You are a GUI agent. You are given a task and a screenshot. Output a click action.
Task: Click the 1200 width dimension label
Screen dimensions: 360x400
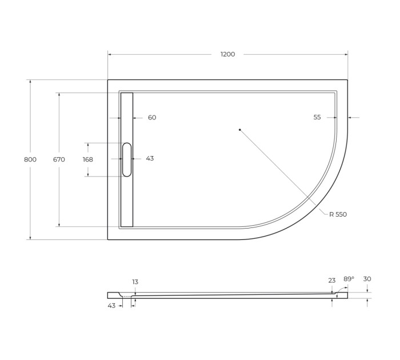click(227, 54)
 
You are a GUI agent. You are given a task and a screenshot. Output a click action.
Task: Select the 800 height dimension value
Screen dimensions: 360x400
click(30, 159)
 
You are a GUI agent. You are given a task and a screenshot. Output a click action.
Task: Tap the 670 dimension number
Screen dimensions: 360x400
click(59, 159)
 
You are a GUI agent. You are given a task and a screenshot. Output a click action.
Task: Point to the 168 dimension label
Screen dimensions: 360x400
click(87, 159)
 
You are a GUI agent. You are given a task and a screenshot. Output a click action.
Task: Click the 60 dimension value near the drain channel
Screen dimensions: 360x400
click(152, 118)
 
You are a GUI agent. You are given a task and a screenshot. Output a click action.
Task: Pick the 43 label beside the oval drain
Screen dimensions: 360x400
click(150, 159)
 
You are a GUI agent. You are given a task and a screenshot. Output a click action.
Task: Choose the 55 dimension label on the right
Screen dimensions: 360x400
click(317, 117)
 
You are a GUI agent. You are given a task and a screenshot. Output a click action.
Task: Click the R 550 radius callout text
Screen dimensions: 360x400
click(338, 214)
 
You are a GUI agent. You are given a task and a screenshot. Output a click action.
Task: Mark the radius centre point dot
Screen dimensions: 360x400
click(240, 130)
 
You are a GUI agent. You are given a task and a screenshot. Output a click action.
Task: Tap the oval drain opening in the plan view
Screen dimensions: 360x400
click(127, 159)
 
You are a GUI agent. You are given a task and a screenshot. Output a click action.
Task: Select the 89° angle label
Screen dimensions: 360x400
click(349, 279)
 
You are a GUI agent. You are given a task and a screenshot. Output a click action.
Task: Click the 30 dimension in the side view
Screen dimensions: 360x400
click(367, 279)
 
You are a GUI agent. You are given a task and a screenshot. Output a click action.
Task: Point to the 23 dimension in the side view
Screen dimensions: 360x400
click(332, 281)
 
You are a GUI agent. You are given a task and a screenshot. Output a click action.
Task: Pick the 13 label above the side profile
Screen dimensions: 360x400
click(135, 282)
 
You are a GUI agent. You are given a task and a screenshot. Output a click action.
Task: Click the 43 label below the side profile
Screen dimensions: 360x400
click(111, 306)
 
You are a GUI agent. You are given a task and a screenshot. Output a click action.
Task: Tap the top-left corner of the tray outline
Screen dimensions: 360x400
click(108, 80)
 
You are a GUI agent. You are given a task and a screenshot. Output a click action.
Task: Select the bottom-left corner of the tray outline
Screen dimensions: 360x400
click(108, 239)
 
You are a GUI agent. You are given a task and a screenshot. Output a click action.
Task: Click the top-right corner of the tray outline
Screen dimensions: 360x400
click(347, 80)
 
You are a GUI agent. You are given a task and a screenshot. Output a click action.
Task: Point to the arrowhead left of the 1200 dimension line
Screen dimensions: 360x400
click(110, 54)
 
